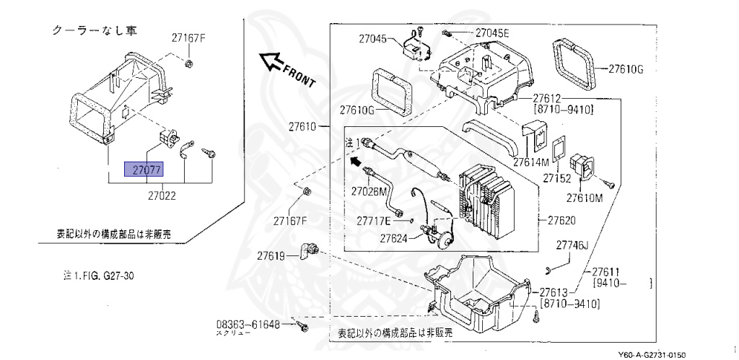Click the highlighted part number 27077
coord(144,170)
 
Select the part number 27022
coord(163,195)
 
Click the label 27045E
coord(492,33)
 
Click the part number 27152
coord(557,177)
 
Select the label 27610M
coord(585,197)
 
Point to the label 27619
coord(272,255)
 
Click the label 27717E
coord(374,219)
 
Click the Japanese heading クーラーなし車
coord(94,31)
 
